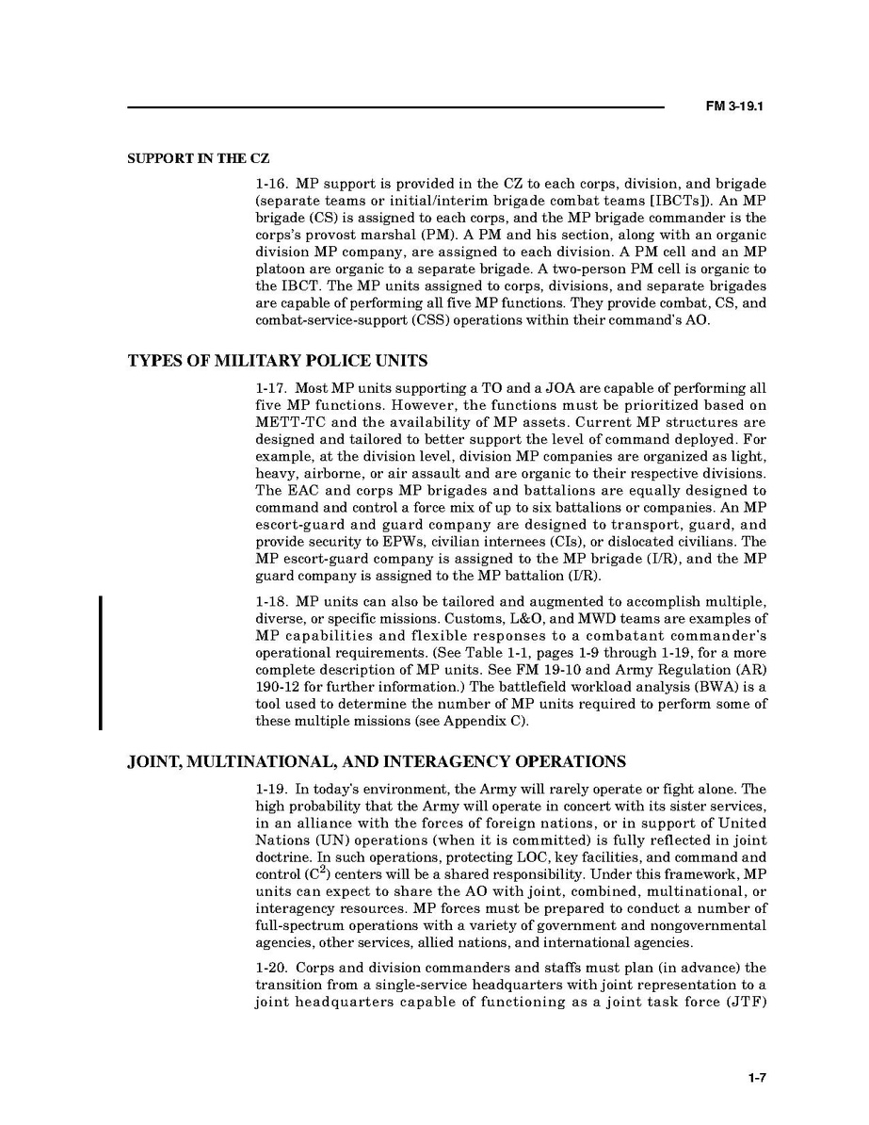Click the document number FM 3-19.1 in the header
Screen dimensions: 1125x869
click(x=733, y=107)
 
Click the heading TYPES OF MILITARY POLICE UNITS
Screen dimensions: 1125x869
click(x=277, y=360)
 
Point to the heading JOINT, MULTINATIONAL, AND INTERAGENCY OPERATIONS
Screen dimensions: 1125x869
click(x=377, y=761)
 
